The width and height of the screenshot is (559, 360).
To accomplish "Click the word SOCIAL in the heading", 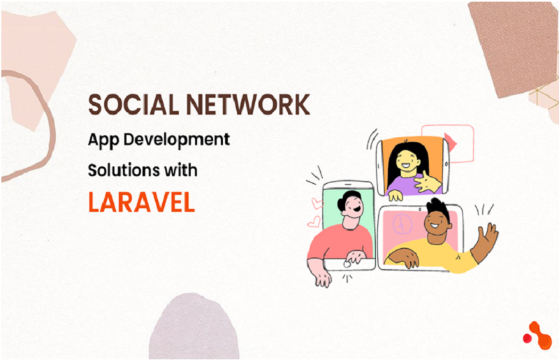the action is (133, 104).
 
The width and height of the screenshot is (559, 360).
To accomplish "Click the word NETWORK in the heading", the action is (248, 104).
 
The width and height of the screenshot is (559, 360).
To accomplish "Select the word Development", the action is (177, 140).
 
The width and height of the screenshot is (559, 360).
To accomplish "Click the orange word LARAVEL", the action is (142, 202).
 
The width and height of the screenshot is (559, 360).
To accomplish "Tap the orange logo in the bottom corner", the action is (537, 336).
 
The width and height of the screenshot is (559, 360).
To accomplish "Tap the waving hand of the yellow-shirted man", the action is (487, 238).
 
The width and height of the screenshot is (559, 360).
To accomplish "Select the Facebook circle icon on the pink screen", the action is (402, 224).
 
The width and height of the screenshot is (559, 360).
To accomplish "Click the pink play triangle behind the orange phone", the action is (451, 142).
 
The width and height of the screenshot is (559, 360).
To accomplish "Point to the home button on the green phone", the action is (347, 264).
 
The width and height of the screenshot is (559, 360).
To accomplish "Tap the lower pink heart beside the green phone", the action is (314, 222).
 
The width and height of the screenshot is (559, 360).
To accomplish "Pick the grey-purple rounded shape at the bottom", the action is (194, 326).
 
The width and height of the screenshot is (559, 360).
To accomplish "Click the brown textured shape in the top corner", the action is (514, 48).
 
